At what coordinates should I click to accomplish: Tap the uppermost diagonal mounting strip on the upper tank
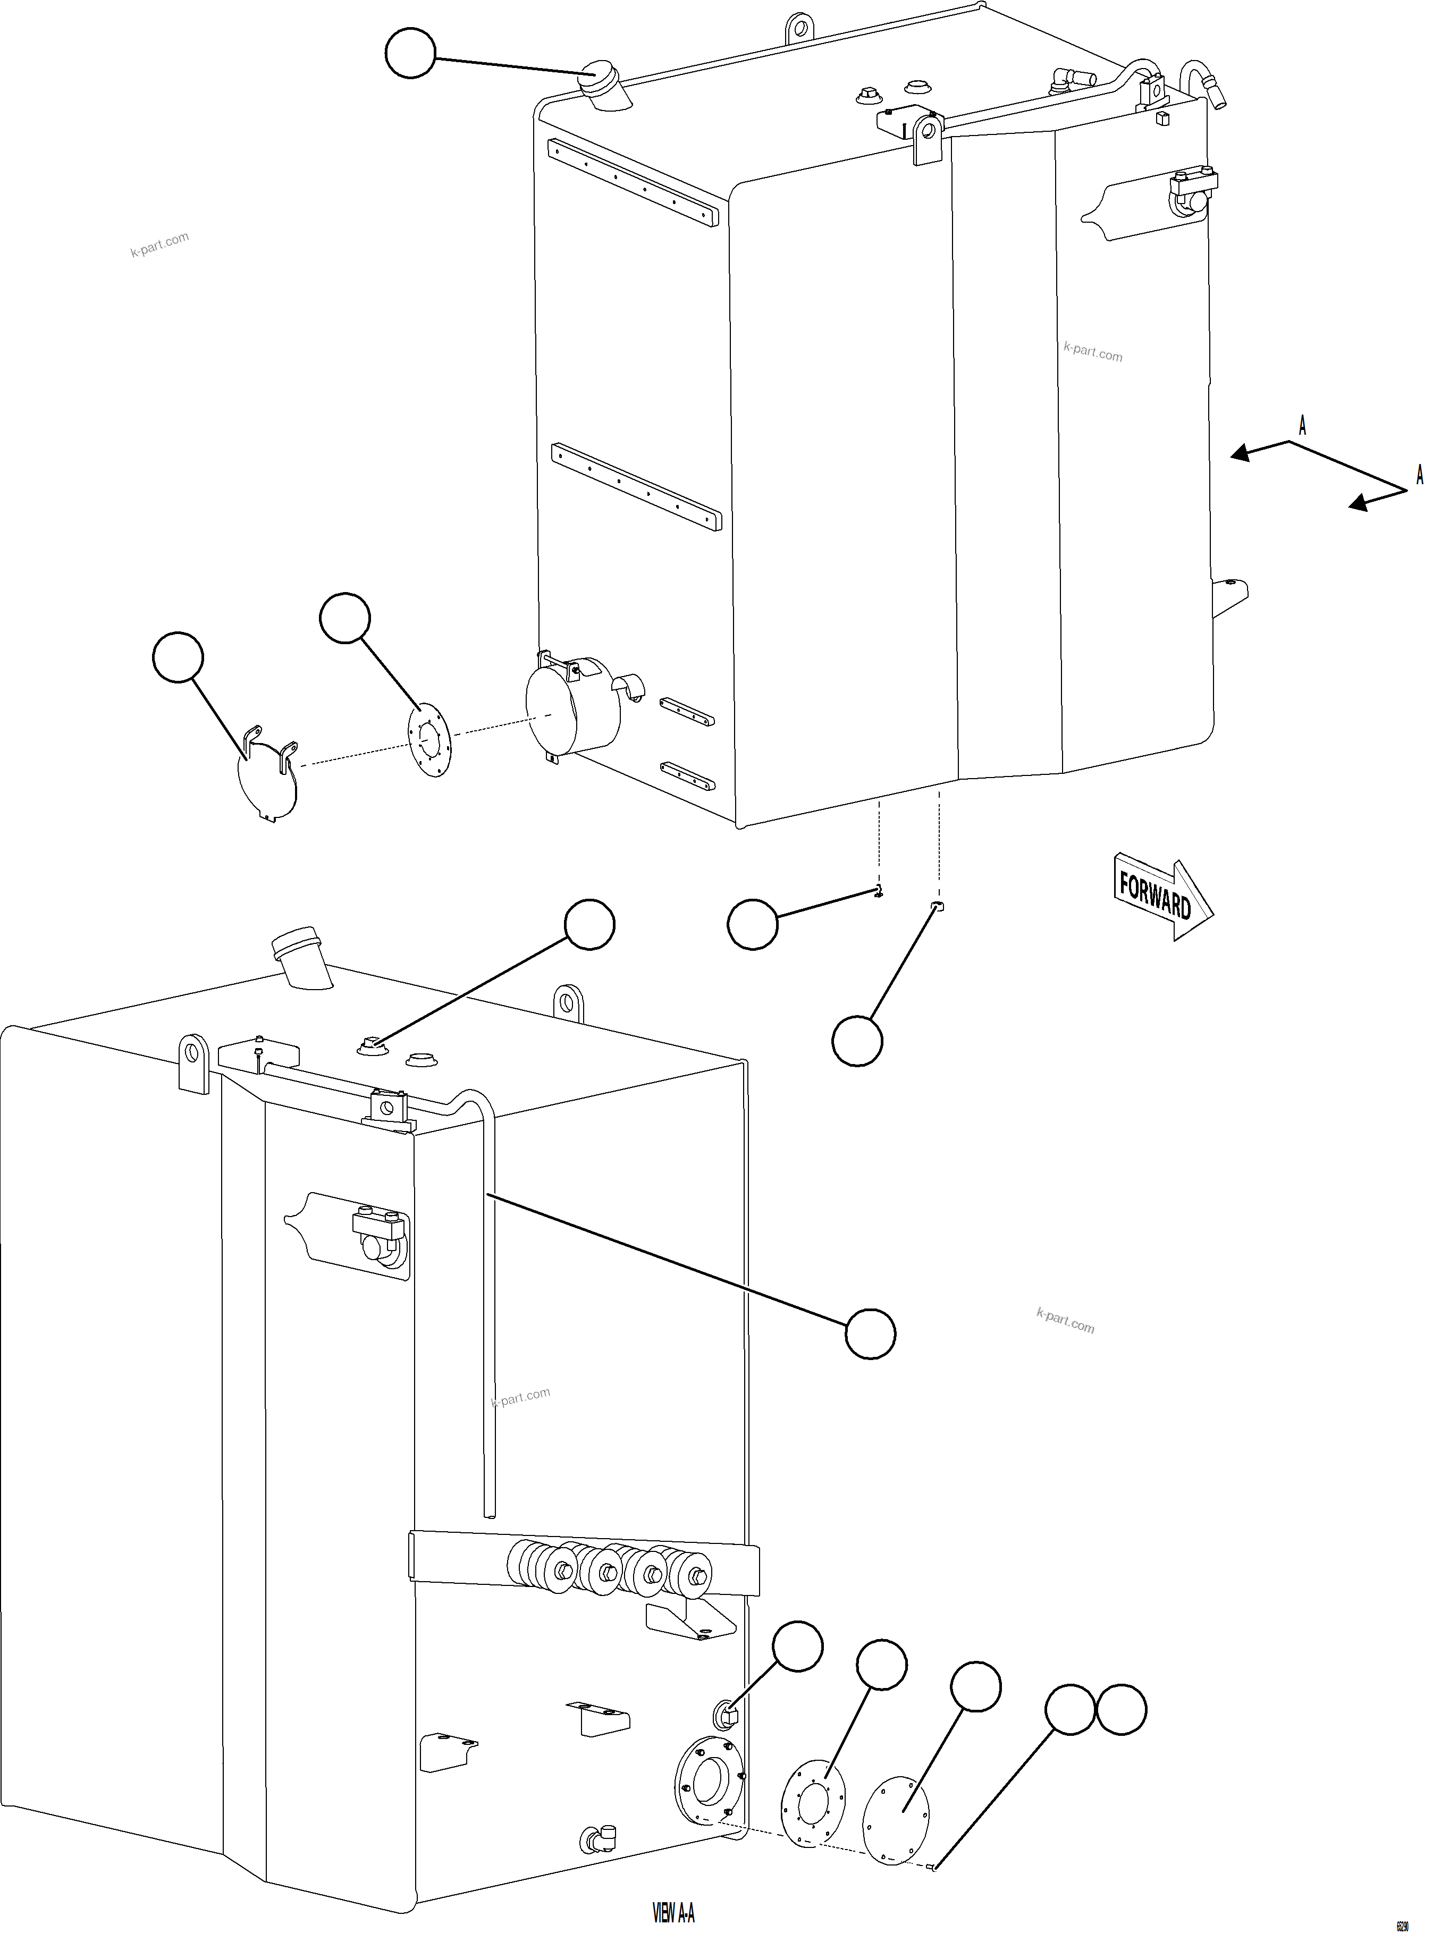point(633,182)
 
